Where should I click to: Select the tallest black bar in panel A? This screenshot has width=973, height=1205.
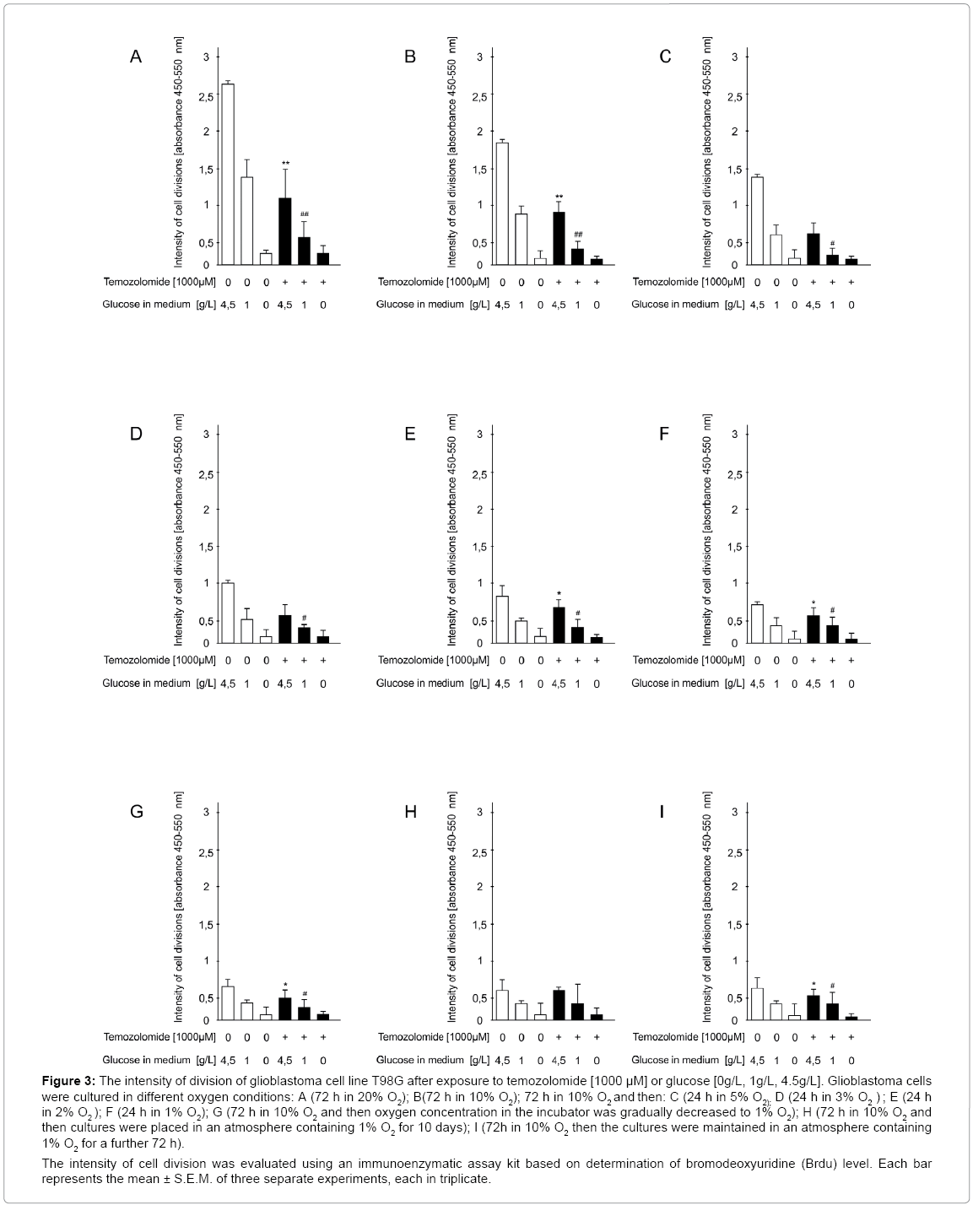point(285,231)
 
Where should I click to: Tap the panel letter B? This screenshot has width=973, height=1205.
point(410,57)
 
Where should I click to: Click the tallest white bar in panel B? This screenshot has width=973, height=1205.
point(502,203)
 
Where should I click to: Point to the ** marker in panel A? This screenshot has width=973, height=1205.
point(286,164)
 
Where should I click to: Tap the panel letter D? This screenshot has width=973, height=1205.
point(136,435)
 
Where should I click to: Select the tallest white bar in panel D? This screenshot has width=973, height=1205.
point(228,613)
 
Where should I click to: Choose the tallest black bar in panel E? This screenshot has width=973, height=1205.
point(559,625)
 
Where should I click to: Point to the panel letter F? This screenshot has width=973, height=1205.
point(663,435)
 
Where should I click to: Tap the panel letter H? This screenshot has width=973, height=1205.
point(411,812)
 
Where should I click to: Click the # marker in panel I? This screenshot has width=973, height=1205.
point(832,986)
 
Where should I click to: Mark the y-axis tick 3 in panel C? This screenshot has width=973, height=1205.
point(735,57)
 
